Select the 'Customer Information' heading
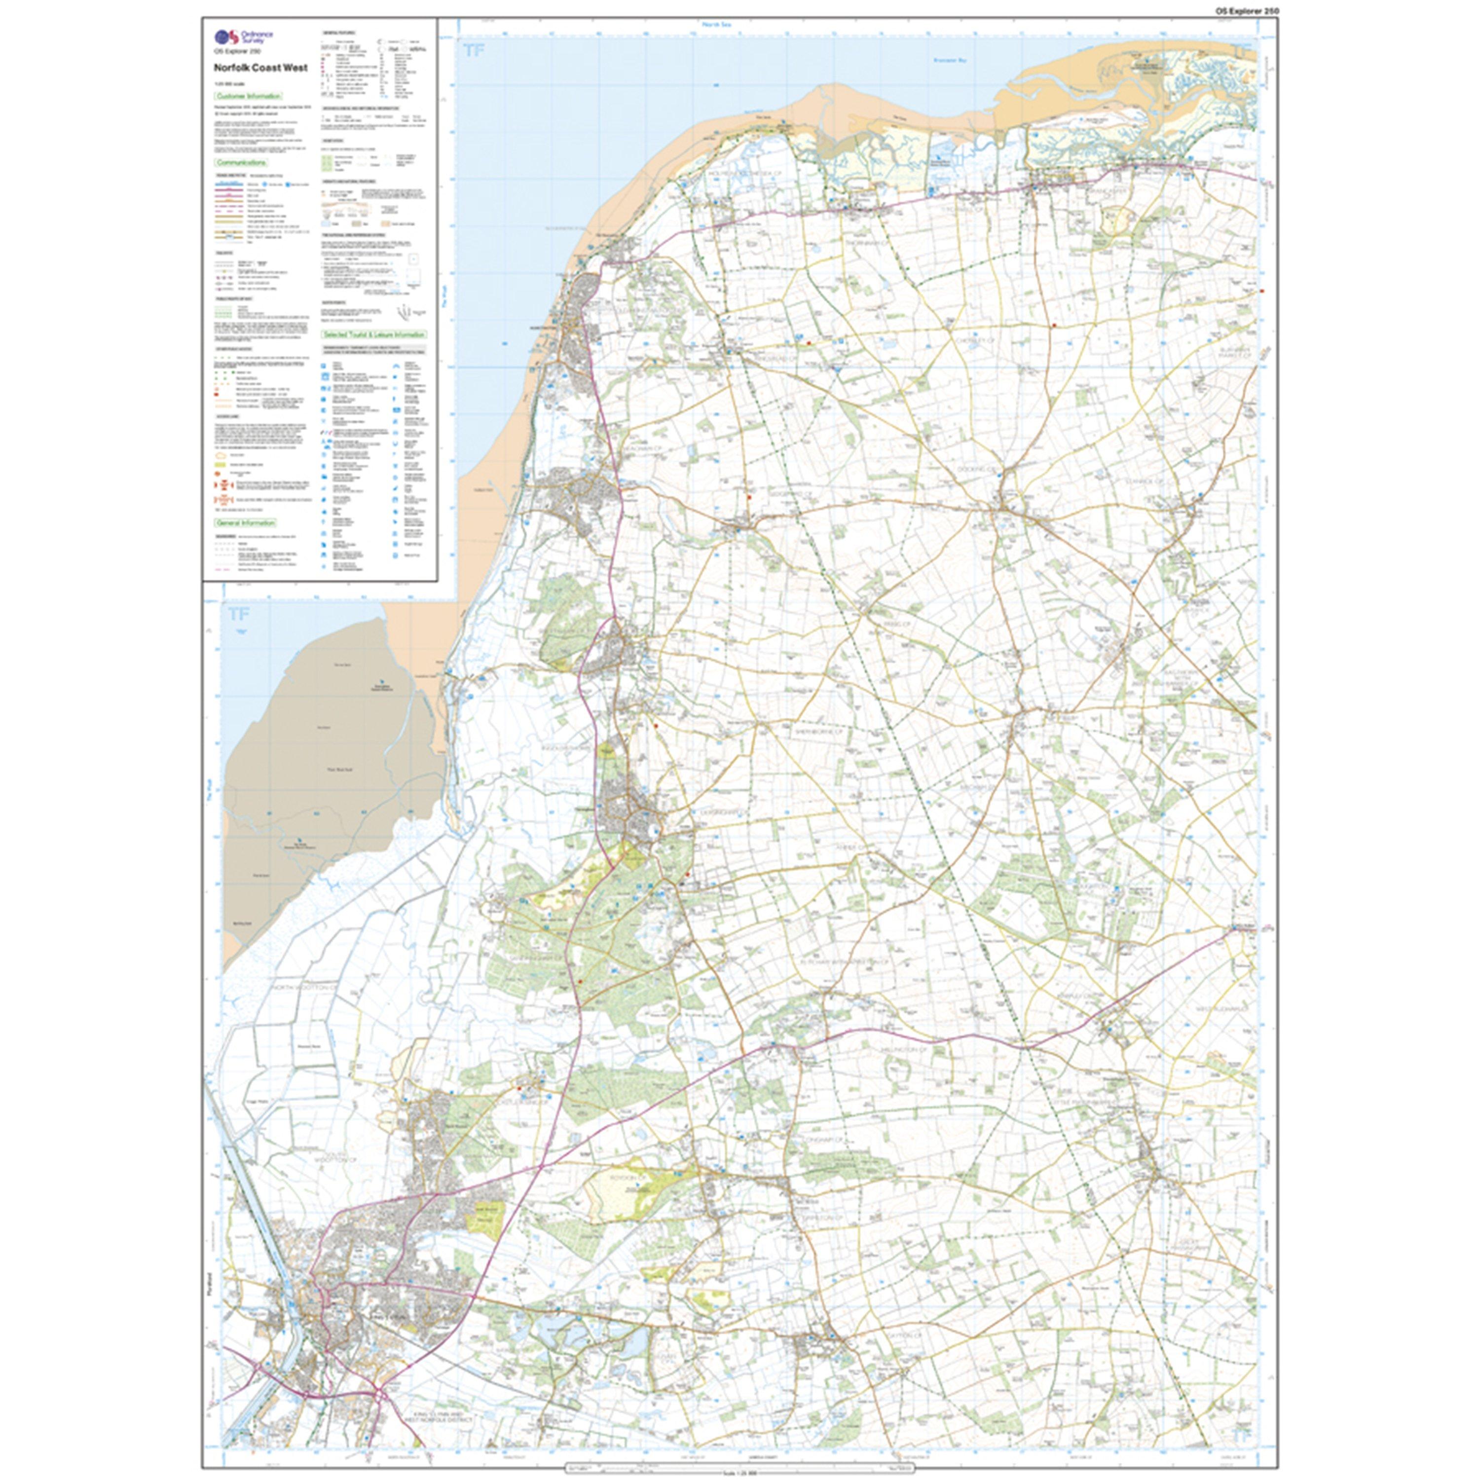point(248,97)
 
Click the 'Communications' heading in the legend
point(241,163)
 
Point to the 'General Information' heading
point(245,522)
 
